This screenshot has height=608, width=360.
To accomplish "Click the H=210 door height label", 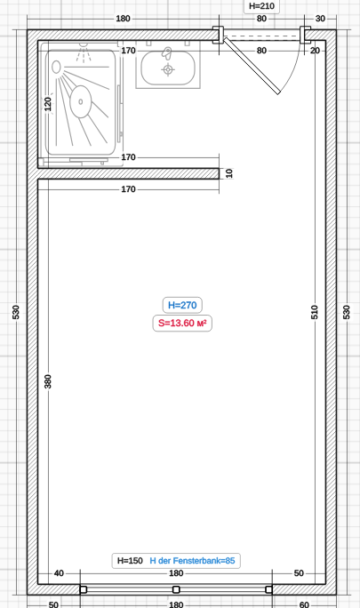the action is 261,6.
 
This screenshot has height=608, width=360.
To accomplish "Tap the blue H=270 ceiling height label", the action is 182,305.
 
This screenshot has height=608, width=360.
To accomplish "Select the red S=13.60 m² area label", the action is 182,323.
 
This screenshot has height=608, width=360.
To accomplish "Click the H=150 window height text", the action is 130,561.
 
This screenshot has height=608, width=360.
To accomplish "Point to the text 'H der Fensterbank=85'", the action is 192,561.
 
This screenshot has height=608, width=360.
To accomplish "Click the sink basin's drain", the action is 168,70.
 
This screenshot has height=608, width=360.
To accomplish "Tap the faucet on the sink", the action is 167,53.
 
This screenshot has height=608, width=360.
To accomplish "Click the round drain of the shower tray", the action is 81,101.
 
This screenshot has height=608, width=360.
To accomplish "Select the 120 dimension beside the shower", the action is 47,104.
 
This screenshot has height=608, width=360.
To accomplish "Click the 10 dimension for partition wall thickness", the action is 229,173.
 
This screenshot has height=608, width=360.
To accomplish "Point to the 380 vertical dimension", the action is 47,381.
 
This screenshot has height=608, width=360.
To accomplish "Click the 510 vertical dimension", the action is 315,312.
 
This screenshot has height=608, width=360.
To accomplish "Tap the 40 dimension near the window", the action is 59,573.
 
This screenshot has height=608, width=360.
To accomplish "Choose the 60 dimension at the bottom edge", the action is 304,604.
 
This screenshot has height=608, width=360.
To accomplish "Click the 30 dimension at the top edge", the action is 320,19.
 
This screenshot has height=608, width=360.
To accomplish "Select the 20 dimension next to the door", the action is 315,51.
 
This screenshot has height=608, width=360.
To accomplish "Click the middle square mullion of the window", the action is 176,589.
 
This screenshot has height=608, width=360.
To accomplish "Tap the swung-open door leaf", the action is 252,66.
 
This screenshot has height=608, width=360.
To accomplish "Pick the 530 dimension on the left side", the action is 15,312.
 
